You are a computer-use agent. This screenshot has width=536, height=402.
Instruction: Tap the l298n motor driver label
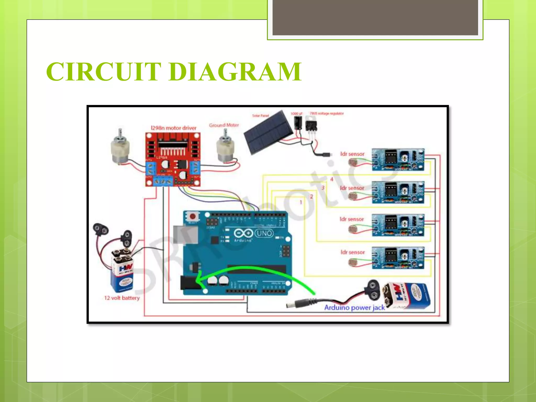tap(174, 128)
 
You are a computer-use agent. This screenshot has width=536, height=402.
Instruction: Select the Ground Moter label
tap(224, 125)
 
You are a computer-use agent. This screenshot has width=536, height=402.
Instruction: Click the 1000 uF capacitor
tap(298, 122)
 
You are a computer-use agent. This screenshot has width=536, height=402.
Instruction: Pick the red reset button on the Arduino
tap(193, 216)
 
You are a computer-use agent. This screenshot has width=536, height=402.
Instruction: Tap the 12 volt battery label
tap(122, 298)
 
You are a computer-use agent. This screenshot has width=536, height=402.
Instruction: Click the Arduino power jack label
tap(354, 308)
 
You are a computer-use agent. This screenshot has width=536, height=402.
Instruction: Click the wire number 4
tap(332, 179)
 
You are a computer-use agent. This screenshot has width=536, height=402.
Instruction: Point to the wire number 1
tap(301, 202)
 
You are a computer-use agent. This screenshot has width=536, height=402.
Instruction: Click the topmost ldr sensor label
tap(352, 154)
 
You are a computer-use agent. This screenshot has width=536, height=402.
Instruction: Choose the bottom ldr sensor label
tap(353, 252)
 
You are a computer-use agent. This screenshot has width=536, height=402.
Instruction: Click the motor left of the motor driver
tap(120, 148)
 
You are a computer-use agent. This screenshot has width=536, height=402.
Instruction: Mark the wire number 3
tap(323, 188)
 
